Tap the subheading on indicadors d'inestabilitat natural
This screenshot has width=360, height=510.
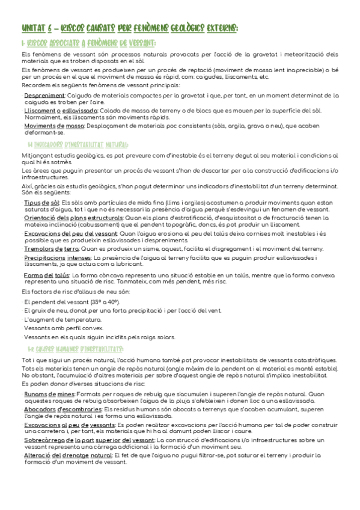78,145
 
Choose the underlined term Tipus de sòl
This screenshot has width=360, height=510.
42,203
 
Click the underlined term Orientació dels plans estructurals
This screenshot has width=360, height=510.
73,218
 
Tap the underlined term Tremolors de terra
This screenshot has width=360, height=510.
51,248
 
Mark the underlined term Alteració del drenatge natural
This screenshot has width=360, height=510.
66,455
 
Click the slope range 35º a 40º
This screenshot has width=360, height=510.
107,301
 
